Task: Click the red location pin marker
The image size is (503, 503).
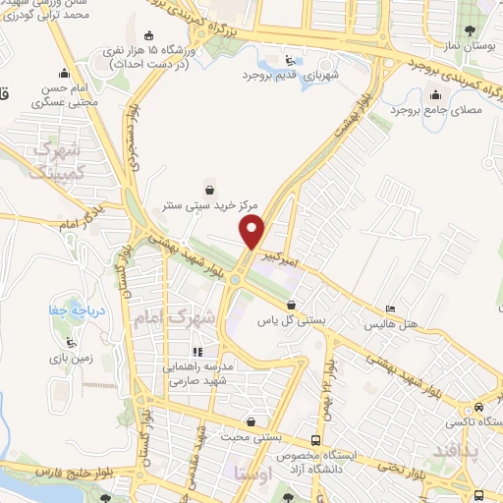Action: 253,232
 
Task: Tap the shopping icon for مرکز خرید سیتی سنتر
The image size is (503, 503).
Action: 208,189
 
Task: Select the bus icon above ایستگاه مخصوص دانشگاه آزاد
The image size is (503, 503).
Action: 314,440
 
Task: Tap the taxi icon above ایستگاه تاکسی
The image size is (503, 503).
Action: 478,407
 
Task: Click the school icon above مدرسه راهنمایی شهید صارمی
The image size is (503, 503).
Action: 197,351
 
